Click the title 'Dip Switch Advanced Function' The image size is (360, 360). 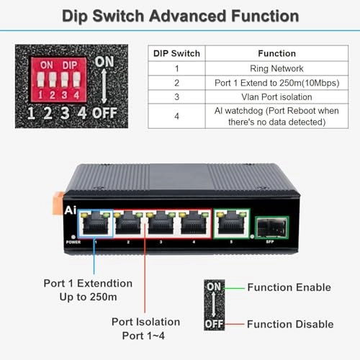tap(180, 15)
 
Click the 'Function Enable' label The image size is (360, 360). tap(289, 287)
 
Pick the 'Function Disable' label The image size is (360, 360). tap(290, 324)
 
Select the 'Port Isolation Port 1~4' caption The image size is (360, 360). tap(145, 328)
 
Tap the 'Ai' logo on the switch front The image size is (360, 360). tap(71, 211)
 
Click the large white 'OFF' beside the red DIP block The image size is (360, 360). tap(104, 112)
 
